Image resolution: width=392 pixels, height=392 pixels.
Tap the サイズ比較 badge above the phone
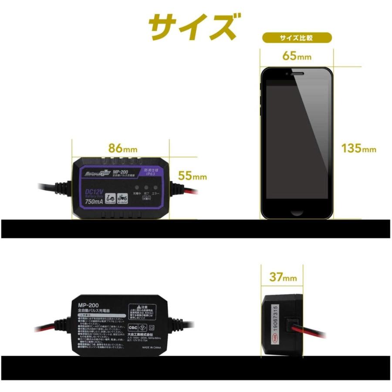coord(296,38)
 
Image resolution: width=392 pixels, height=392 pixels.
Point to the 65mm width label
coord(297,56)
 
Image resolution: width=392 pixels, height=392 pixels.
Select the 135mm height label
coord(358,149)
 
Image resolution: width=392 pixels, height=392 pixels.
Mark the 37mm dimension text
coord(283,277)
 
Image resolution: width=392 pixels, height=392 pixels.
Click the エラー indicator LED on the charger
coord(154,186)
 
